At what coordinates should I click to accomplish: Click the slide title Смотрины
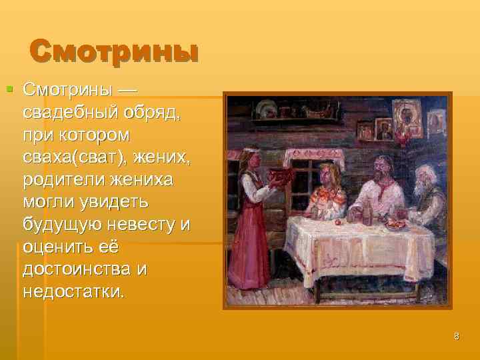point(114,51)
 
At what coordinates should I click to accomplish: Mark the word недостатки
point(73,291)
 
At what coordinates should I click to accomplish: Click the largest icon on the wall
point(406,117)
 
